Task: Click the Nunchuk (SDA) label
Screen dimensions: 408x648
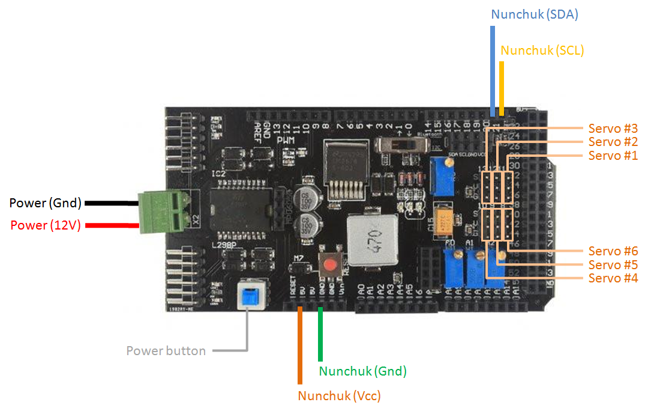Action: point(534,14)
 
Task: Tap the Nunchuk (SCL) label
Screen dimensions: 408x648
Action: point(542,50)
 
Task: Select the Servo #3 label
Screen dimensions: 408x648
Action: point(613,128)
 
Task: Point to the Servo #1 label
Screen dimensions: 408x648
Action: point(613,156)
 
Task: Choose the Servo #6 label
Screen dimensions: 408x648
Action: point(613,251)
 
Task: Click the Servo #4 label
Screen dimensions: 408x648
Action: point(613,278)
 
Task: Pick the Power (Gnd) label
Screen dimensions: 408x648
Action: point(46,203)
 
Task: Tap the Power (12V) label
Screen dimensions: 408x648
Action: point(46,225)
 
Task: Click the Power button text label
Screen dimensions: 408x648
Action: point(166,351)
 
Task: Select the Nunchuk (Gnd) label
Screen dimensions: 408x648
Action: point(362,371)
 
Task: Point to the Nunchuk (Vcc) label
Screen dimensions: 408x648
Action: point(339,396)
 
